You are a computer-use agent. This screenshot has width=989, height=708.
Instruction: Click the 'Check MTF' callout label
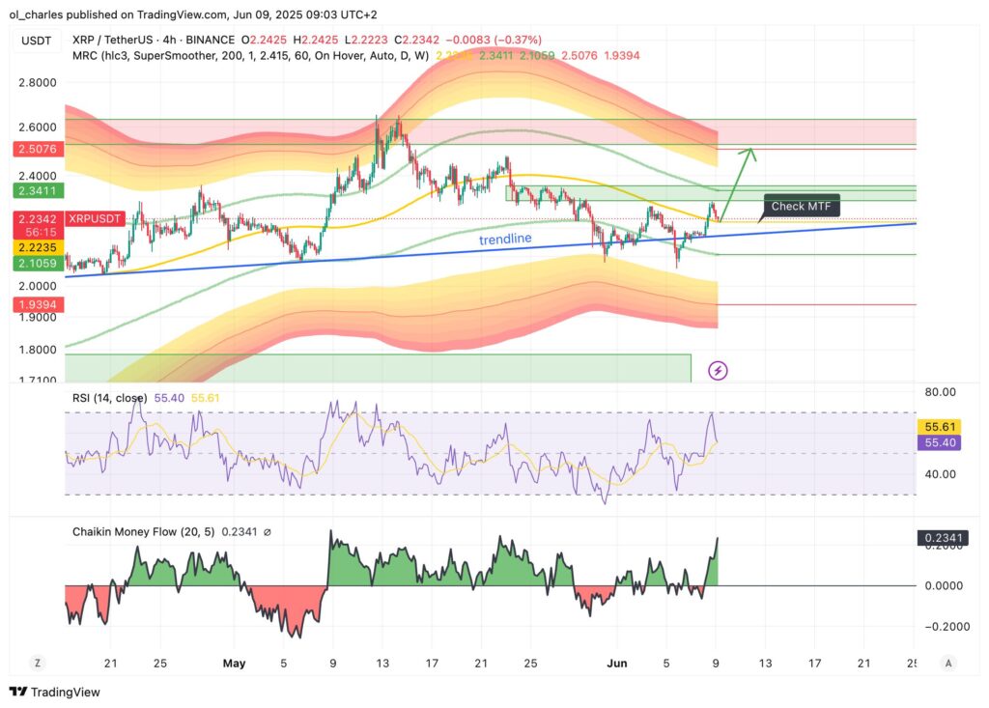(x=802, y=207)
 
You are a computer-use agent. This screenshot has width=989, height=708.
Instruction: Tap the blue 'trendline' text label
(x=505, y=239)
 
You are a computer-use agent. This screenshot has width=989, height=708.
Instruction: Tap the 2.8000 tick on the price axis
(x=38, y=83)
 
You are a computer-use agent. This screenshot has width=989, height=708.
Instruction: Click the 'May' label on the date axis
(x=234, y=664)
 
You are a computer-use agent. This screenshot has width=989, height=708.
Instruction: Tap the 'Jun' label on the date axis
(x=616, y=664)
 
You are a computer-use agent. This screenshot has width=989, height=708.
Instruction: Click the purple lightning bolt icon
(x=718, y=370)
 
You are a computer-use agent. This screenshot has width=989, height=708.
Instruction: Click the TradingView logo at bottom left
(x=55, y=692)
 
